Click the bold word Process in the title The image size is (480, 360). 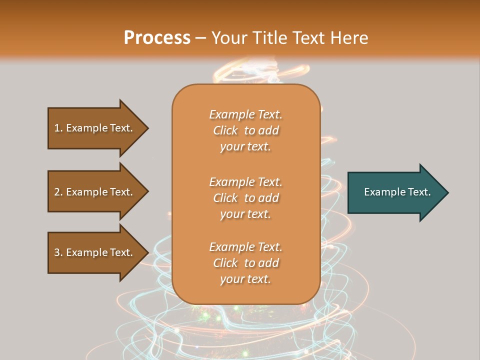(157, 38)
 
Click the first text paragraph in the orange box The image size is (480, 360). (245, 130)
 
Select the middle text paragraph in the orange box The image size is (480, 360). (245, 198)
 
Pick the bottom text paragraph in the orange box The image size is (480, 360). (245, 263)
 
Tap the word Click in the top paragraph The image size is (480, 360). (225, 130)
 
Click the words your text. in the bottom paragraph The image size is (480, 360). (245, 279)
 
